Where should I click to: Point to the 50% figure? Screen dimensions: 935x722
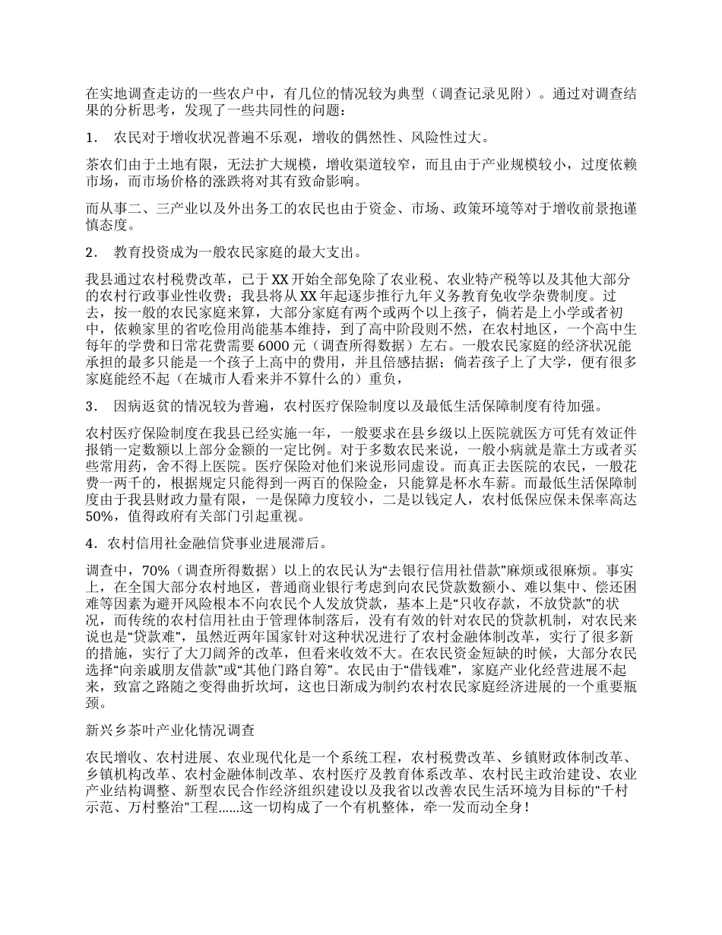click(101, 517)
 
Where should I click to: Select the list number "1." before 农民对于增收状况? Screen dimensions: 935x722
click(92, 138)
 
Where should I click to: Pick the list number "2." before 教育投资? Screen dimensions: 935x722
click(92, 252)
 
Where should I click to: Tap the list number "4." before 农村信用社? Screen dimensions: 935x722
click(91, 544)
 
